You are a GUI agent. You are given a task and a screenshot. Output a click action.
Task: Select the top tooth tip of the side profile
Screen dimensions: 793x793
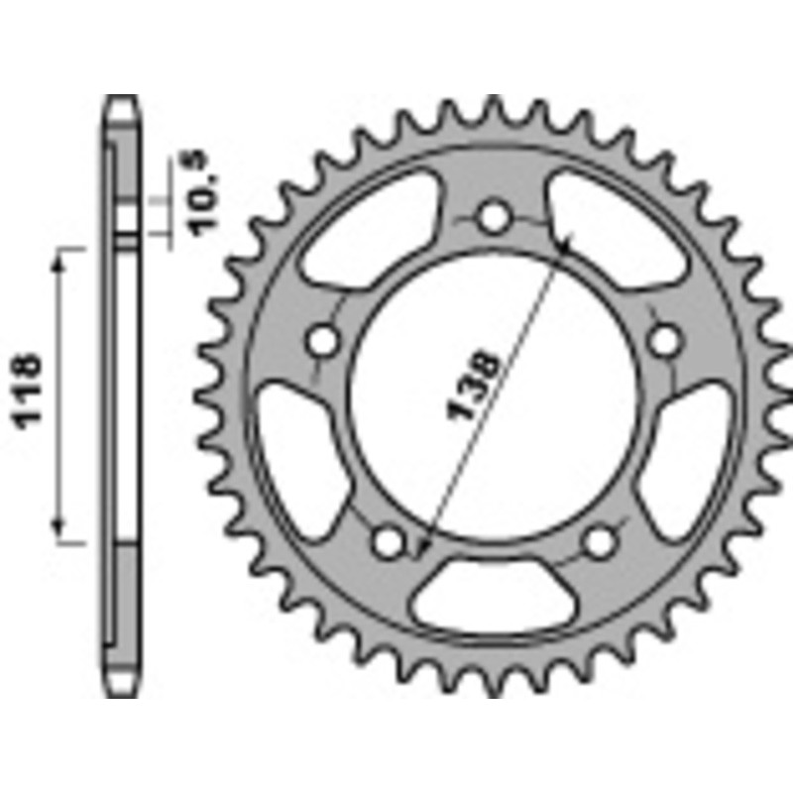tap(121, 102)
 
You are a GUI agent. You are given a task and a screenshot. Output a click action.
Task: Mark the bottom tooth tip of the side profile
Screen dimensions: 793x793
tap(121, 694)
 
